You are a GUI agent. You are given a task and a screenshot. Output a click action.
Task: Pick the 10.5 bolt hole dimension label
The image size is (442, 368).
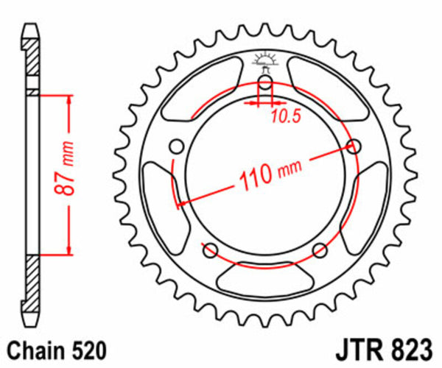coord(285,116)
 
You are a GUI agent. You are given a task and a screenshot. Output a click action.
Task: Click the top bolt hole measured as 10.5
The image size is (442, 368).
coord(265,80)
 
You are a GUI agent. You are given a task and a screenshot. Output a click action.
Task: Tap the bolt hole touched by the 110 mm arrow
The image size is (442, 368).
coord(354,146)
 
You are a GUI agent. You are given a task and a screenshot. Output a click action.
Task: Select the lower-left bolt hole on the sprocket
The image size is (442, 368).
coord(209,248)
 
